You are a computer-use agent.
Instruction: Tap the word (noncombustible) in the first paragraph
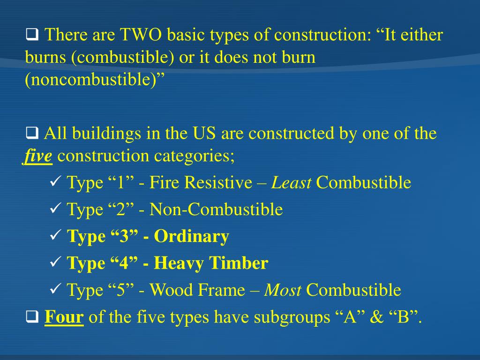click(96, 80)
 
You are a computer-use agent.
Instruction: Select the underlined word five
click(37, 156)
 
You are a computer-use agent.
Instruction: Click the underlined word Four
click(64, 318)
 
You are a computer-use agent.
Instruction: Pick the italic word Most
click(283, 291)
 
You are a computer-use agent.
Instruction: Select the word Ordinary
click(191, 237)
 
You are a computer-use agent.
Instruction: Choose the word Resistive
click(218, 183)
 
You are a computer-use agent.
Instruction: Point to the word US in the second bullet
click(204, 134)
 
